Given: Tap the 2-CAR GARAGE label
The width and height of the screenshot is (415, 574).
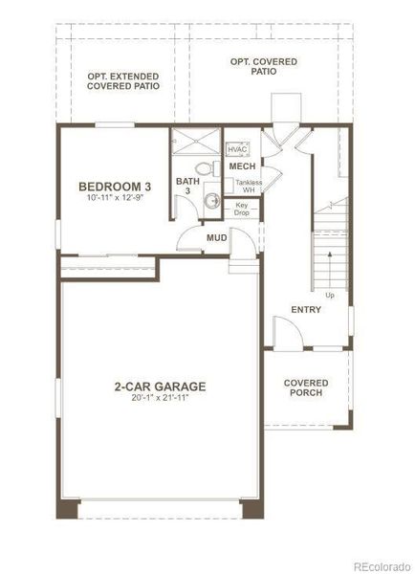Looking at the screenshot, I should tap(160, 387).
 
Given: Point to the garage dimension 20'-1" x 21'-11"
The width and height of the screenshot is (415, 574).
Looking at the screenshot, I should tap(160, 399).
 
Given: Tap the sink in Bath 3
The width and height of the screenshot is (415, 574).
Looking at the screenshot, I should tap(211, 201).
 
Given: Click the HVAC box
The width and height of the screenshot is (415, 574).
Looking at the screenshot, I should tap(238, 149).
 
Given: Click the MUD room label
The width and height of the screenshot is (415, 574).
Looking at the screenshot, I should tap(217, 237).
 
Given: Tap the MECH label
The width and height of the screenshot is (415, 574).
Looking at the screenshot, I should tap(242, 166).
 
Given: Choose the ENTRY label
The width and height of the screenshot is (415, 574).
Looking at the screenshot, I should tap(306, 310).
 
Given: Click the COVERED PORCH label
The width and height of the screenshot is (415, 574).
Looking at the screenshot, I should tap(306, 387).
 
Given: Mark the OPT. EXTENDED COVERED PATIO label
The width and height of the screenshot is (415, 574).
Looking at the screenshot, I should tap(122, 81).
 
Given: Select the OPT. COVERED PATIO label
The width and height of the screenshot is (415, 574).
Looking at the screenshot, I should tap(264, 67).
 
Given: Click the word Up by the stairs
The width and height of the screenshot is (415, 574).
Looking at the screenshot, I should tap(330, 294).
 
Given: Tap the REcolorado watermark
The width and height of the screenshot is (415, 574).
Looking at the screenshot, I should tap(380, 564).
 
